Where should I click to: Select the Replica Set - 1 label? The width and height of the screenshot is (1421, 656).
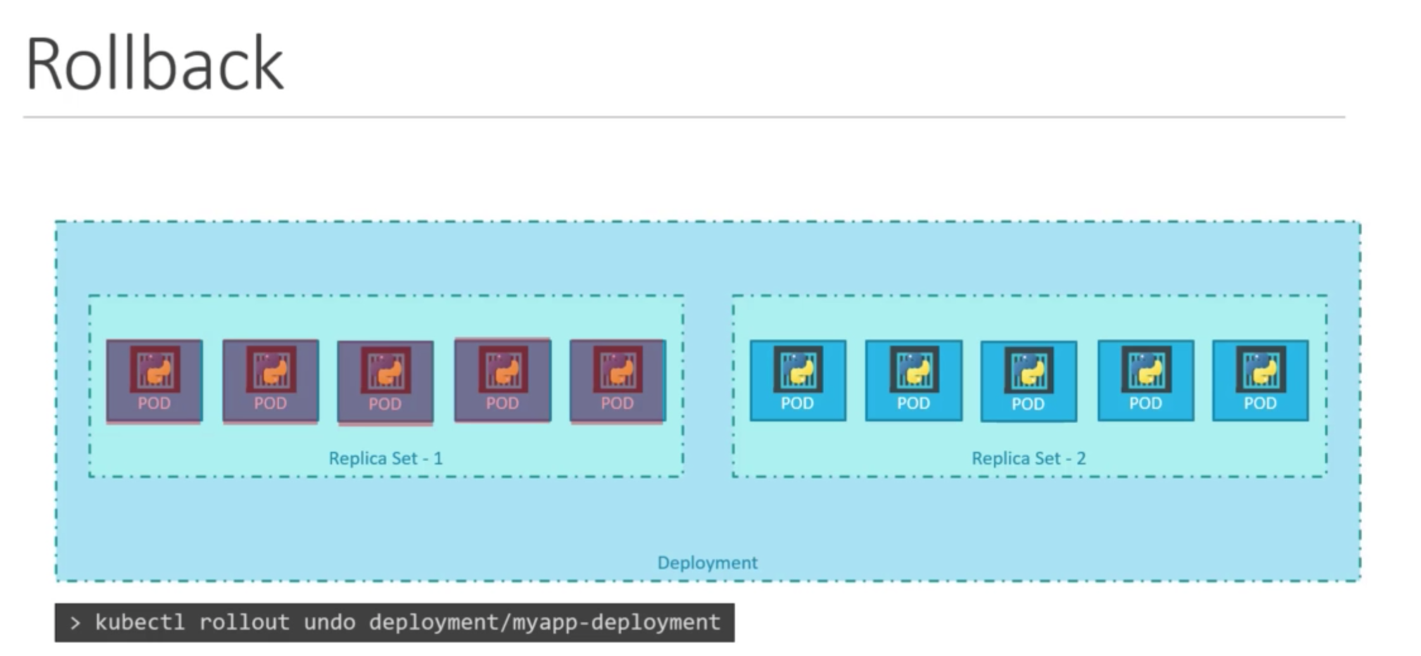386,458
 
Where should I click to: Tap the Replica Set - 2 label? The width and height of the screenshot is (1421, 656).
1028,458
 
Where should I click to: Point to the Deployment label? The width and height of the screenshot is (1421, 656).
707,562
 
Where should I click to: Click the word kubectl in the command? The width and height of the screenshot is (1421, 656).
140,622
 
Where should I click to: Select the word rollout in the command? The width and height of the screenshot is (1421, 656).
244,622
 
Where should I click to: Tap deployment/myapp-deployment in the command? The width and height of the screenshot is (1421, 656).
545,622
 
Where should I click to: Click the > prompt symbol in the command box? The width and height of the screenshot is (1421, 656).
76,623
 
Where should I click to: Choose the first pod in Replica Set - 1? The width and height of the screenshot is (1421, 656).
155,381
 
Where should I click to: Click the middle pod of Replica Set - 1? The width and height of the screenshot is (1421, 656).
386,382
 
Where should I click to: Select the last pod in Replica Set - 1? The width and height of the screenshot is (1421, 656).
617,381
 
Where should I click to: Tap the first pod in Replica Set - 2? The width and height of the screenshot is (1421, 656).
798,381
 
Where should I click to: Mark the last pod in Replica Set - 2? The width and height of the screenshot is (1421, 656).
1260,381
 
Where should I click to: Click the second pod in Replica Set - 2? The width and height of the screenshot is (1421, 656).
914,381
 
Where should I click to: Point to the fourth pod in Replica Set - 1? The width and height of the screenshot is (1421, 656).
503,380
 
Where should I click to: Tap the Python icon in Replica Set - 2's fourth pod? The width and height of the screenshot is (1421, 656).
1146,369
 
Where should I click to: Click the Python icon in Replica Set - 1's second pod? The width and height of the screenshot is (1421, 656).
271,369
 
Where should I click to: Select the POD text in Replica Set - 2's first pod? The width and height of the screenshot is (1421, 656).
797,403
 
